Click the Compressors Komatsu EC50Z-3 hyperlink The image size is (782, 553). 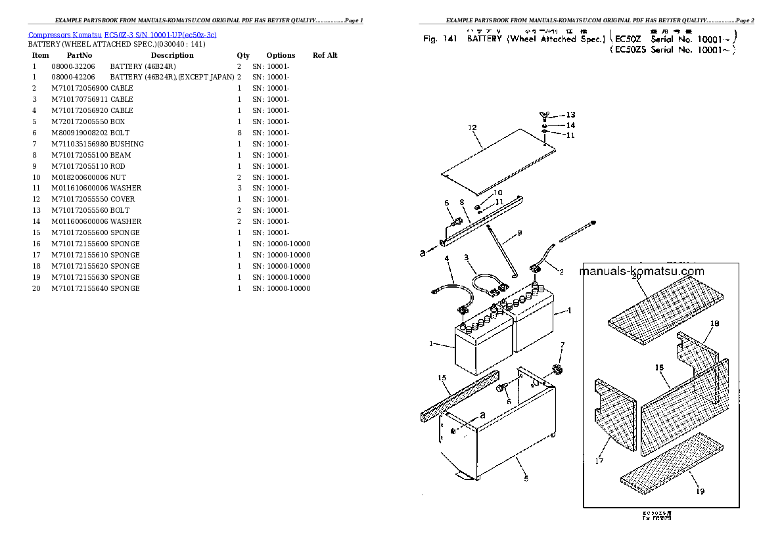click(122, 34)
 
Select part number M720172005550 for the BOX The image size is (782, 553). click(80, 122)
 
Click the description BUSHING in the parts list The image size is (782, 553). click(127, 144)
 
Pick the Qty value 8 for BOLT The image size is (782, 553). click(239, 133)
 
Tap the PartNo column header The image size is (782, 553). click(79, 55)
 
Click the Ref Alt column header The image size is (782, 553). click(325, 55)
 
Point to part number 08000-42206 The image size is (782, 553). click(73, 77)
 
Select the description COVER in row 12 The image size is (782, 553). click(122, 199)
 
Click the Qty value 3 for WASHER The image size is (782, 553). click(239, 188)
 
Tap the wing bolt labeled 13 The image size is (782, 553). click(543, 116)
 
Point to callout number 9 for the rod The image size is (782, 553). click(519, 232)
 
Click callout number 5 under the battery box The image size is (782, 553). click(526, 479)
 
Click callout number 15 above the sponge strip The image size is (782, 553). click(442, 378)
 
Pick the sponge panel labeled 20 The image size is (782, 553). click(664, 304)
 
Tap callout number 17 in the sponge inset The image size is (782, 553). click(599, 461)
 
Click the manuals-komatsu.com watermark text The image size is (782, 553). click(642, 271)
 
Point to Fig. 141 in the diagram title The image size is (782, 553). click(440, 39)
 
